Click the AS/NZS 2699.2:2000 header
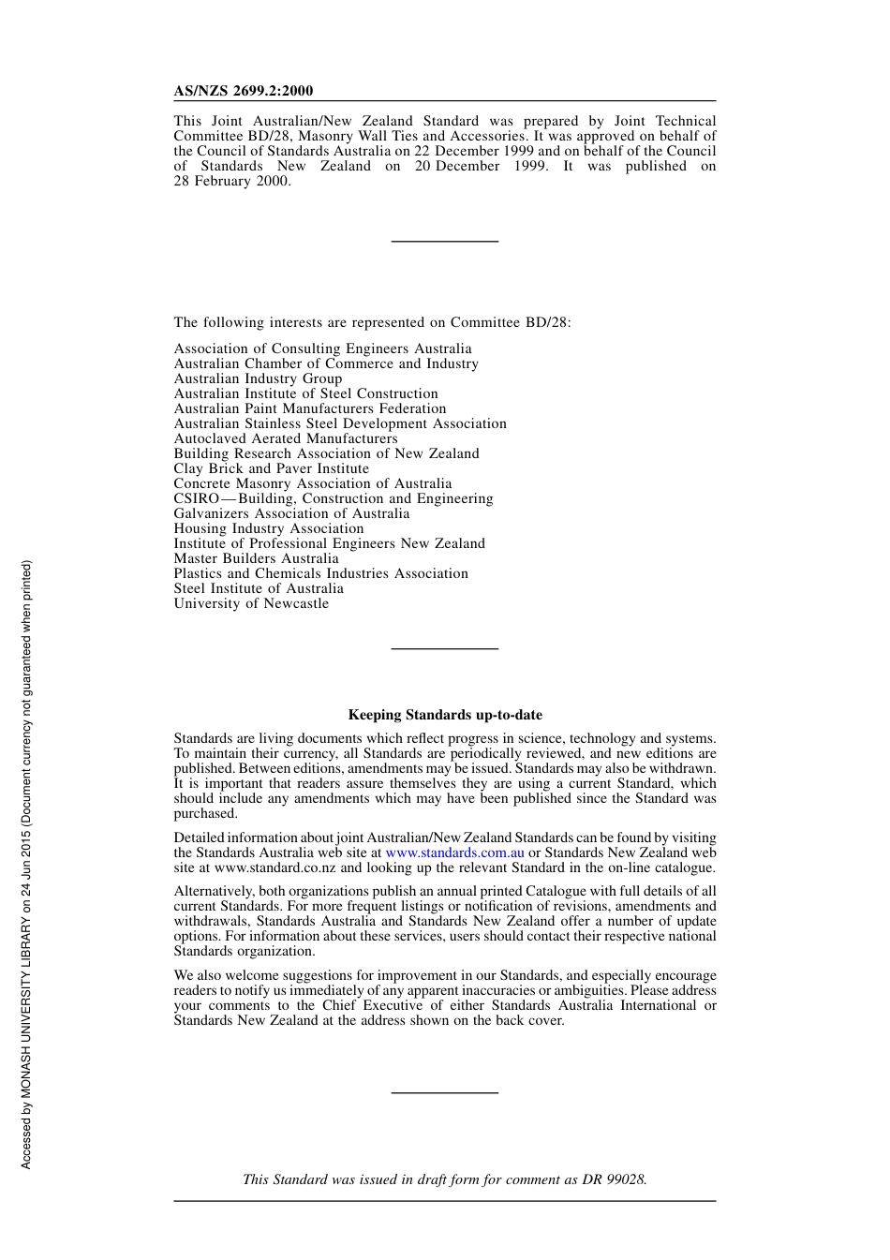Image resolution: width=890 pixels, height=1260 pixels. click(x=244, y=91)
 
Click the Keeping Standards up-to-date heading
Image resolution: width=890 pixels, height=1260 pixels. click(x=445, y=715)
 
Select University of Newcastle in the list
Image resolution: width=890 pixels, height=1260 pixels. click(x=251, y=603)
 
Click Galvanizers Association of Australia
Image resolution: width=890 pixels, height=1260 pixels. click(x=291, y=513)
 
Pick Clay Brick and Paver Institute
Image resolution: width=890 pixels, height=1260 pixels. click(x=271, y=468)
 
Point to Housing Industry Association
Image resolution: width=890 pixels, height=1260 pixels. click(x=268, y=528)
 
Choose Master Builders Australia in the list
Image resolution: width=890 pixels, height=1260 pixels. click(x=256, y=558)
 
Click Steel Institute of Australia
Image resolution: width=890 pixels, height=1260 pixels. click(x=259, y=588)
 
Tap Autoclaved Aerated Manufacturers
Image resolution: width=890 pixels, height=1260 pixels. click(x=286, y=438)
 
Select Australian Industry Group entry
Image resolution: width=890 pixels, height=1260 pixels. click(x=258, y=378)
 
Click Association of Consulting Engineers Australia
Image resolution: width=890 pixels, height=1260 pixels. click(x=322, y=348)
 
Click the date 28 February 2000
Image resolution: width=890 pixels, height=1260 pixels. click(x=231, y=181)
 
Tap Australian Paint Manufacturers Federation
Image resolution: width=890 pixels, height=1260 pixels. click(x=310, y=408)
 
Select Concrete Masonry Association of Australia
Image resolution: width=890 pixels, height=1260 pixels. click(x=312, y=483)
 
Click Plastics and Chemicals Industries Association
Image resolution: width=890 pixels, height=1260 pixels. click(x=320, y=573)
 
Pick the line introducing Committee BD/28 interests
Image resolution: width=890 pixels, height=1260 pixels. click(x=372, y=322)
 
